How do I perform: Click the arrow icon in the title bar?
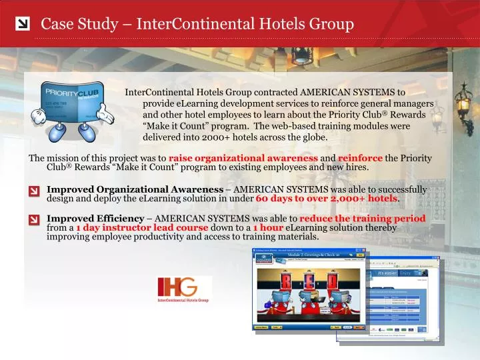click(x=22, y=25)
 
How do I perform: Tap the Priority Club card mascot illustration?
click(x=69, y=109)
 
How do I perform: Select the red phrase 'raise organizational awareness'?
click(x=243, y=158)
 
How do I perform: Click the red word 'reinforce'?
click(x=360, y=158)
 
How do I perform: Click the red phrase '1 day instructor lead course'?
click(x=142, y=227)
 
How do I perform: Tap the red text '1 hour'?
click(x=268, y=227)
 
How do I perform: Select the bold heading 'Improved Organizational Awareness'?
click(x=135, y=190)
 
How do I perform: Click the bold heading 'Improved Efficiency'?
click(x=95, y=219)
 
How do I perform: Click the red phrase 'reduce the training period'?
click(x=363, y=219)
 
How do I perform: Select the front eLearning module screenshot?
click(x=309, y=289)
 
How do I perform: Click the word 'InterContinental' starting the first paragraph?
click(x=157, y=92)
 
